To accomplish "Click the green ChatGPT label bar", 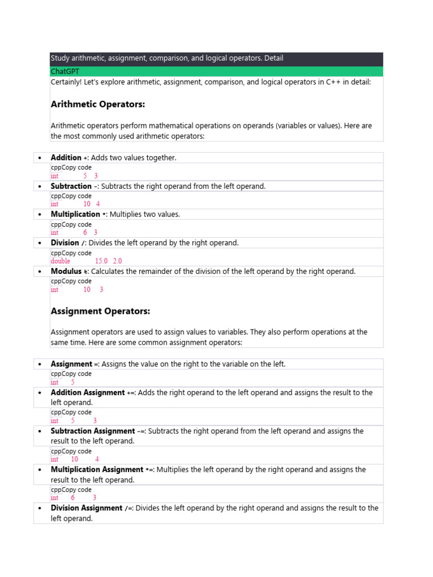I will click(216, 72).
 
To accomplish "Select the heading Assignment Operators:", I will click(100, 311).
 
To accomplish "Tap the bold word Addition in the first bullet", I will click(66, 158).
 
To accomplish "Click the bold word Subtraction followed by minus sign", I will click(71, 186).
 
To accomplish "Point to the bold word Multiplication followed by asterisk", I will click(75, 214).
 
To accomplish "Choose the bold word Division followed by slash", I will click(65, 243).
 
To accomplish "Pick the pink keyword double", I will click(61, 261).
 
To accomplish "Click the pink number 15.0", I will click(101, 261).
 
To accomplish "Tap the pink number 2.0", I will click(117, 261).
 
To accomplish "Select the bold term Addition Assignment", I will click(87, 392).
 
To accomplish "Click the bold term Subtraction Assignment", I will click(92, 431).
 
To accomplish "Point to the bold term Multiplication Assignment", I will click(97, 469).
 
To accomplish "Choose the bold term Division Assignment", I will click(86, 508).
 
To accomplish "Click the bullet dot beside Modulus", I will click(39, 272).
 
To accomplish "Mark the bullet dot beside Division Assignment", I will click(39, 508).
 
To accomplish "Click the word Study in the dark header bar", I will click(59, 58).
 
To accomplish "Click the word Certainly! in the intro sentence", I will click(66, 82).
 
